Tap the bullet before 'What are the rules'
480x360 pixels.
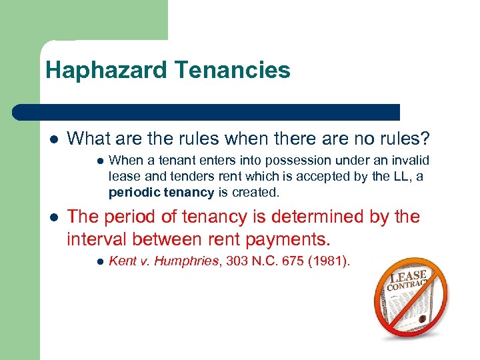[x=53, y=139]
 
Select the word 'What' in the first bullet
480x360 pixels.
[x=87, y=139]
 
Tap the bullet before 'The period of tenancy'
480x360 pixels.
[x=53, y=217]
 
